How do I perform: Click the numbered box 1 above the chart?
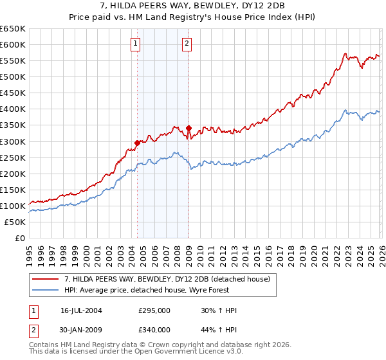[x=136, y=44]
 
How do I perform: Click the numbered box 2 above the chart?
[x=187, y=44]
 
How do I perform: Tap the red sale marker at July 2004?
[x=137, y=143]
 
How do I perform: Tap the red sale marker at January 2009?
[x=188, y=128]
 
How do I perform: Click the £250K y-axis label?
[x=12, y=157]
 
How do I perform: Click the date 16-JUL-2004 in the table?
[x=81, y=310]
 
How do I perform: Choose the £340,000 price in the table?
[x=154, y=330]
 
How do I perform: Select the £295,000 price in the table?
[x=154, y=310]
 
